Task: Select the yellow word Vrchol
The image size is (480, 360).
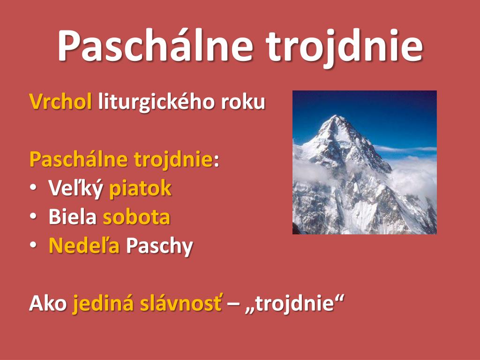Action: point(60,101)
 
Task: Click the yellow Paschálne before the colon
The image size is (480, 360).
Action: point(78,160)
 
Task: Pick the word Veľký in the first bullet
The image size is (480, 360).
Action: point(75,188)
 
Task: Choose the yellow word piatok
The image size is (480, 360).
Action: point(140,188)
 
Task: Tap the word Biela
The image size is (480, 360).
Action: point(72,217)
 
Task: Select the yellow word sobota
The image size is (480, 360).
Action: point(136,217)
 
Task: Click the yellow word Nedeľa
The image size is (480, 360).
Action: point(84,246)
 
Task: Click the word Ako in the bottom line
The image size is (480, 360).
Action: point(48,303)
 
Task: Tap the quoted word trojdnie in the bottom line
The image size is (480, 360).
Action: point(294,304)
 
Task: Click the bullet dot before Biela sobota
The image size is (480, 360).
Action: point(33,216)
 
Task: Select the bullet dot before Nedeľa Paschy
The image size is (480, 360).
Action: point(33,245)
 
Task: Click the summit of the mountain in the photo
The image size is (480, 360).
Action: point(336,116)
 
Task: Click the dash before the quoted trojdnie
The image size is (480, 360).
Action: point(233,305)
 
